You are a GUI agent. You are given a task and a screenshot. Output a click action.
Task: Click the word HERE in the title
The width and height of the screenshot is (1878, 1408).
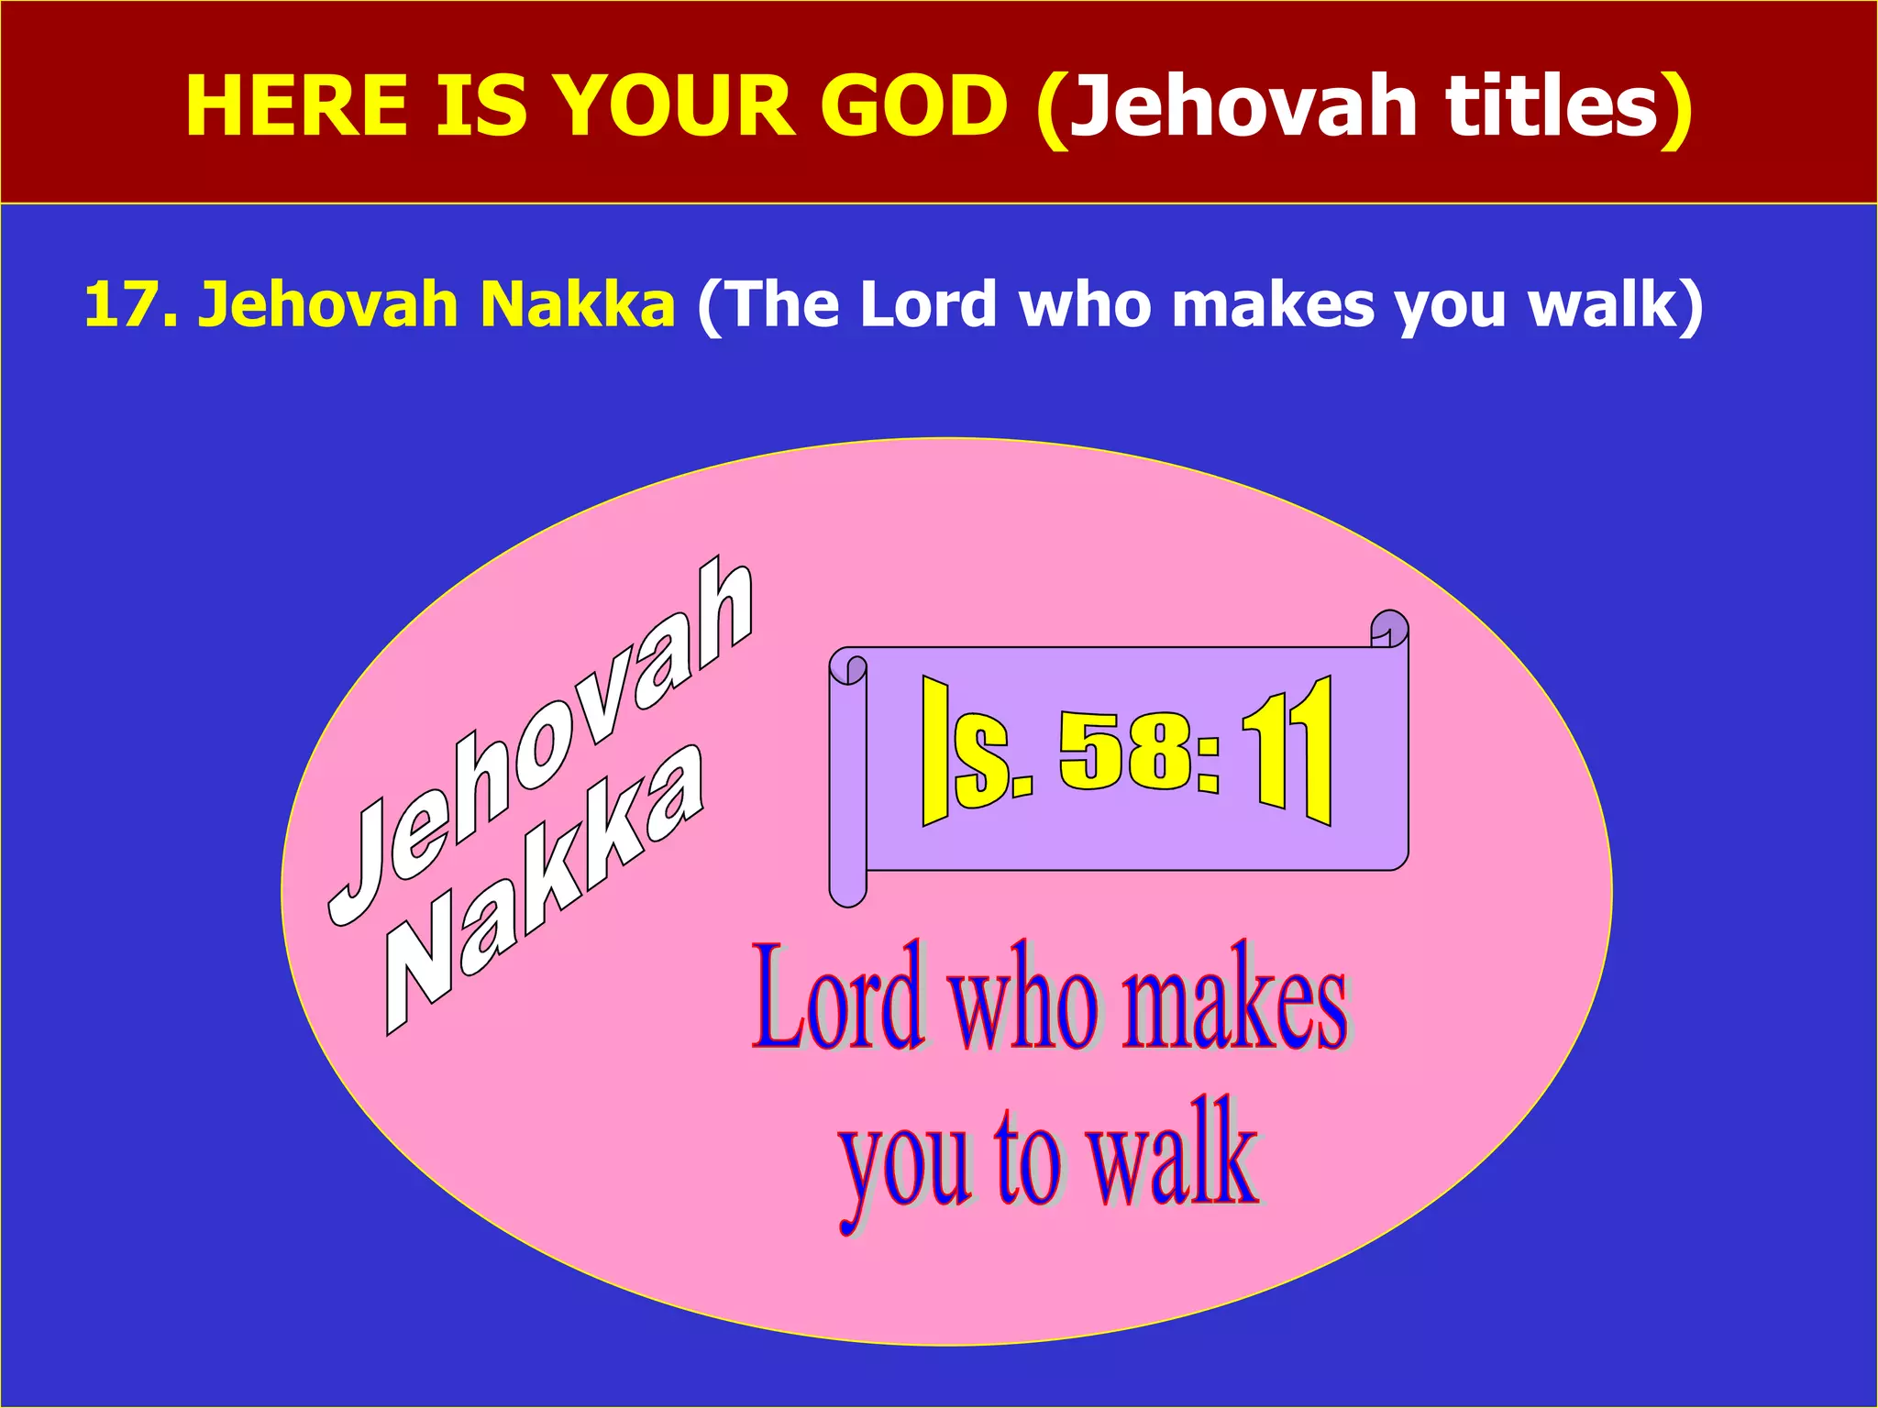point(296,106)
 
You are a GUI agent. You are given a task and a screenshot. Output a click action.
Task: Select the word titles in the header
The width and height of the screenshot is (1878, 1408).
point(1553,106)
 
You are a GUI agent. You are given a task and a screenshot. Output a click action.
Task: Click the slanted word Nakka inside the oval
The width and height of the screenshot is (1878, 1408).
point(545,889)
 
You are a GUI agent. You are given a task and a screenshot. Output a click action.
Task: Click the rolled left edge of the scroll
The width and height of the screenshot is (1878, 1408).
point(847,779)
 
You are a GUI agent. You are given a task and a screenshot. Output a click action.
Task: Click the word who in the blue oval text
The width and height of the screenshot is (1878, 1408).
point(1022,1003)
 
